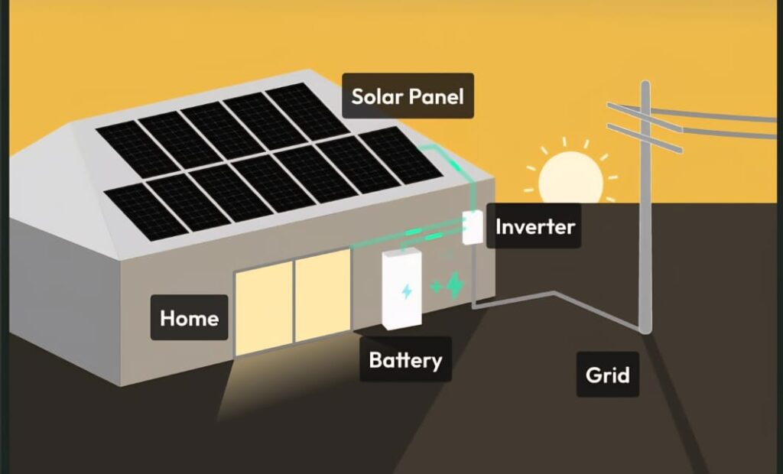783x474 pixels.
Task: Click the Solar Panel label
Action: pyautogui.click(x=408, y=96)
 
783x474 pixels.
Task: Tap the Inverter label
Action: pyautogui.click(x=534, y=226)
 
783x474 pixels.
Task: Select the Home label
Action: pyautogui.click(x=189, y=317)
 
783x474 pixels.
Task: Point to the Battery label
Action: pyautogui.click(x=405, y=359)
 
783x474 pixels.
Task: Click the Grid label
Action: pyautogui.click(x=607, y=375)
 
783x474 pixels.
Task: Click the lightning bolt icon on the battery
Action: pyautogui.click(x=407, y=291)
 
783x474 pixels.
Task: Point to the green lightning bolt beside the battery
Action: pyautogui.click(x=455, y=285)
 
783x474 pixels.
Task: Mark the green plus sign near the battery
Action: pyautogui.click(x=437, y=287)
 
